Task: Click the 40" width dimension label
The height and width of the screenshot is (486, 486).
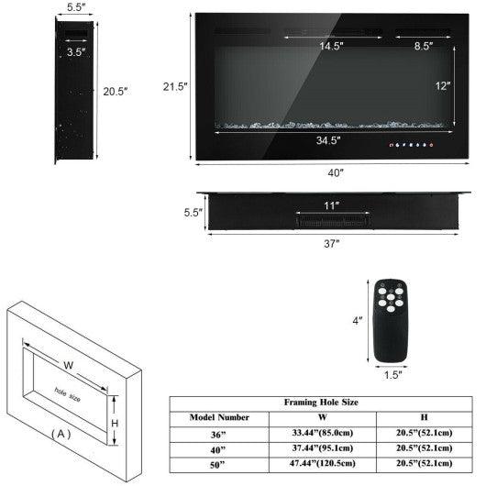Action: (335, 172)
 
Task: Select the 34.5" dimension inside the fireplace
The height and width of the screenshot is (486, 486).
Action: (328, 140)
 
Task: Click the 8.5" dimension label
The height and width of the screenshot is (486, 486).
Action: (424, 45)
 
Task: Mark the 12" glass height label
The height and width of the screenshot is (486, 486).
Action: (443, 86)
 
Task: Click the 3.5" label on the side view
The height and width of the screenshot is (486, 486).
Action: (78, 52)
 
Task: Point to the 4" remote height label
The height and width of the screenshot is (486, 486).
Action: (358, 321)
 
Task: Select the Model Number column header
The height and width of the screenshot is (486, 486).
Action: (220, 416)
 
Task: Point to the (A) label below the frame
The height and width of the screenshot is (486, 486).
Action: (61, 433)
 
